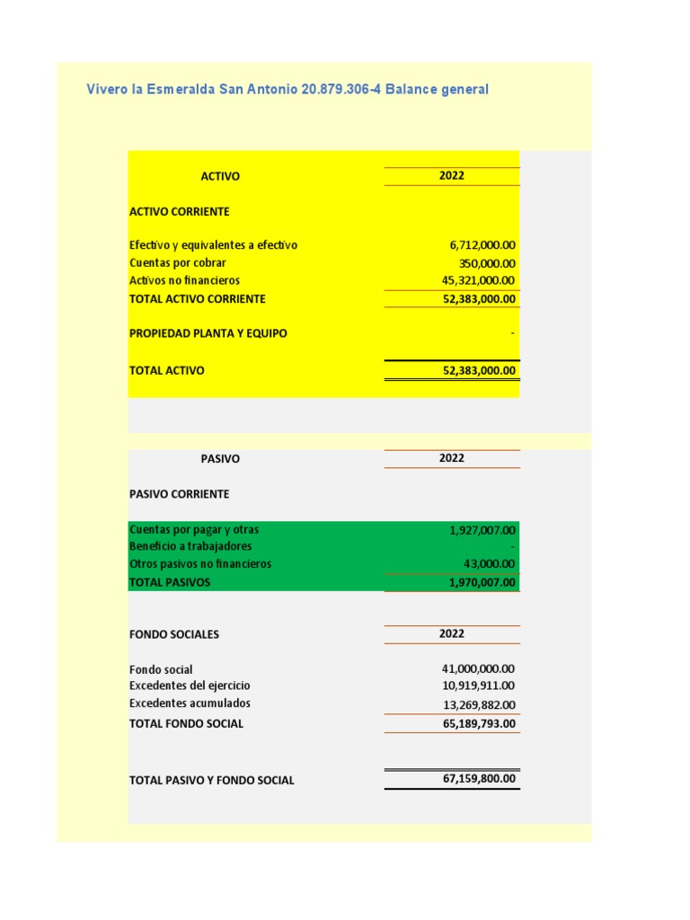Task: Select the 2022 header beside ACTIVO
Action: click(452, 176)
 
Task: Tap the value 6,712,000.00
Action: click(482, 245)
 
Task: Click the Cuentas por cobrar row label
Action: click(178, 263)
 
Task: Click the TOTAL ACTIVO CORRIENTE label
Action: click(198, 299)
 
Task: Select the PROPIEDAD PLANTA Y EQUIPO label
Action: click(208, 333)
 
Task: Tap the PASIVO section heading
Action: click(220, 458)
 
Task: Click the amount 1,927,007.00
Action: click(482, 530)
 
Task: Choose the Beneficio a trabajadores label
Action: click(190, 546)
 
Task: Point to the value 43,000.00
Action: click(491, 564)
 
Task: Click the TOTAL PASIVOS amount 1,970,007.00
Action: click(482, 582)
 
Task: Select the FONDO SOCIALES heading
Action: click(174, 634)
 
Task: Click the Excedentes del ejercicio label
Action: click(190, 686)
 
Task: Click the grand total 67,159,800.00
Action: click(480, 779)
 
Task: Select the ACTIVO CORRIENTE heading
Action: click(180, 212)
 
